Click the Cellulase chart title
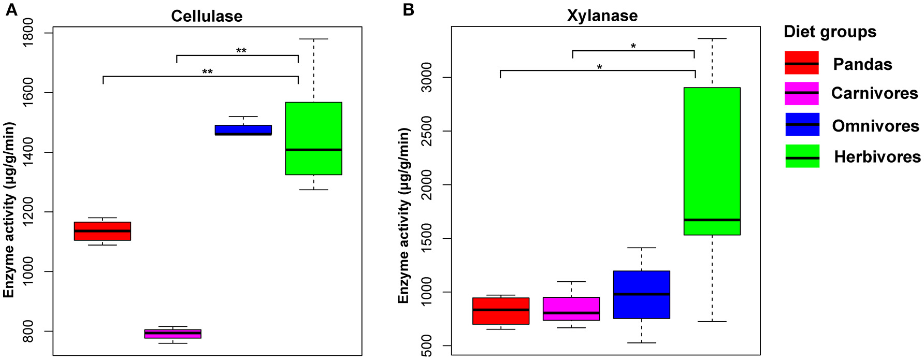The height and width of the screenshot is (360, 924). click(207, 16)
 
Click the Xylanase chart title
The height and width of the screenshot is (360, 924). click(602, 16)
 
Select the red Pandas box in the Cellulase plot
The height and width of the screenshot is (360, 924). click(103, 231)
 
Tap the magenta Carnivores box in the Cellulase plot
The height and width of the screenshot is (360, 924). click(172, 334)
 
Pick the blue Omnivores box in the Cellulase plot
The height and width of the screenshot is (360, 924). click(243, 129)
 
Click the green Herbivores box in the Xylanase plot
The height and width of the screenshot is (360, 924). click(712, 161)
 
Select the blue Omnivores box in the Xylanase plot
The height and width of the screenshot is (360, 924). click(642, 294)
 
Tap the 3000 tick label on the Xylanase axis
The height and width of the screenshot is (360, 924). click(426, 77)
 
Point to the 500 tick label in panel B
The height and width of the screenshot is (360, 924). click(426, 345)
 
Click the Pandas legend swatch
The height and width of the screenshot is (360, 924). click(802, 63)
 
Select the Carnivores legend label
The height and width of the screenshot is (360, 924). click(874, 93)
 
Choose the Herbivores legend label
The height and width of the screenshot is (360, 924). click(877, 156)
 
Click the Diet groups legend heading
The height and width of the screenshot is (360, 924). click(830, 32)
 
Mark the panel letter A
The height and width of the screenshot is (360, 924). click(11, 10)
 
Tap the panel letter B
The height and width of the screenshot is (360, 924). click(408, 10)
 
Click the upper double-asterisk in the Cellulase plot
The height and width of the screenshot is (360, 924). click(241, 51)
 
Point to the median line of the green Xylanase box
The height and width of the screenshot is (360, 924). click(712, 220)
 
